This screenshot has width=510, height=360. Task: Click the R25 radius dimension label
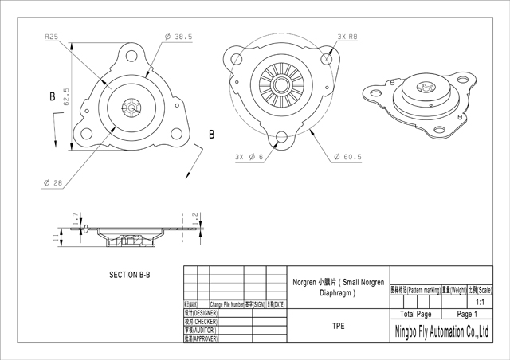pyautogui.click(x=53, y=37)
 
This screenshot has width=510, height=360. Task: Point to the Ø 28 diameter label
pyautogui.click(x=53, y=182)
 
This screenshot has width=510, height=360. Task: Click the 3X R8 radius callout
pyautogui.click(x=347, y=37)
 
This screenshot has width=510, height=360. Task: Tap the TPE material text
pyautogui.click(x=338, y=326)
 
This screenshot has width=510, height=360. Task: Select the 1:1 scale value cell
pyautogui.click(x=481, y=303)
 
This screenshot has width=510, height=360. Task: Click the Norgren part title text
pyautogui.click(x=338, y=288)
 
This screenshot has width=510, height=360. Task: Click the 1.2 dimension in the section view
pyautogui.click(x=194, y=217)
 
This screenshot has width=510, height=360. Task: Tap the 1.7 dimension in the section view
pyautogui.click(x=75, y=216)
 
